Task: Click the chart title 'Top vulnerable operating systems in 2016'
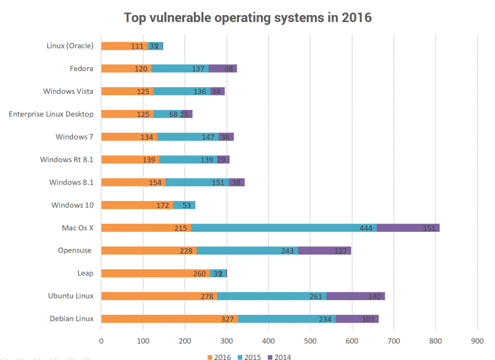click(247, 17)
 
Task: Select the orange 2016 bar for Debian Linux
click(169, 319)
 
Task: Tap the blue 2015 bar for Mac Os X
click(284, 228)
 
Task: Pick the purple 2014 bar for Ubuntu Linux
click(356, 296)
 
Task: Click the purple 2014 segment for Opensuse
click(324, 251)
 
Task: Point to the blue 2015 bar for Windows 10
click(184, 205)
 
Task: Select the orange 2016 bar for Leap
click(155, 273)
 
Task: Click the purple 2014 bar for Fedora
click(223, 69)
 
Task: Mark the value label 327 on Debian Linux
click(227, 319)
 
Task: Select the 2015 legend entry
click(249, 357)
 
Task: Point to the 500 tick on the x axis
click(310, 341)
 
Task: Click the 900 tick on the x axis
click(477, 341)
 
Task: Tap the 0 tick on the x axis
click(101, 341)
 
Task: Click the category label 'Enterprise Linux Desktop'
click(51, 114)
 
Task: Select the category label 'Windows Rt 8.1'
click(67, 160)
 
